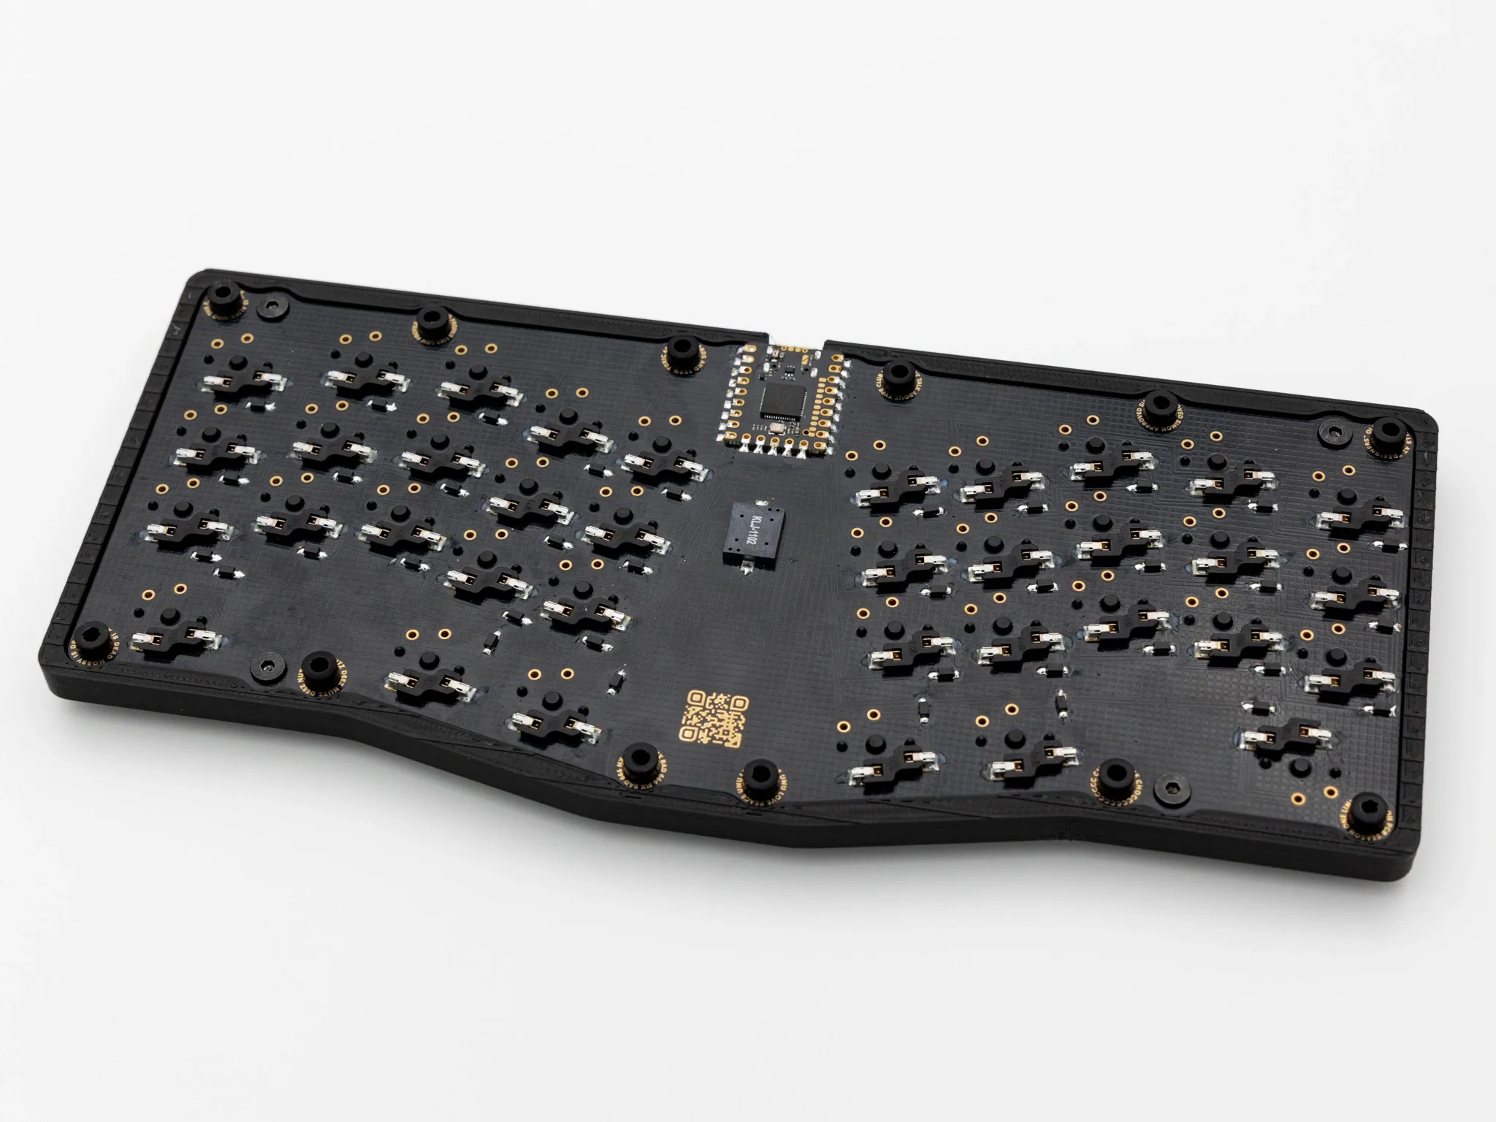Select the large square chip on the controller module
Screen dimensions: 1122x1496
point(777,399)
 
